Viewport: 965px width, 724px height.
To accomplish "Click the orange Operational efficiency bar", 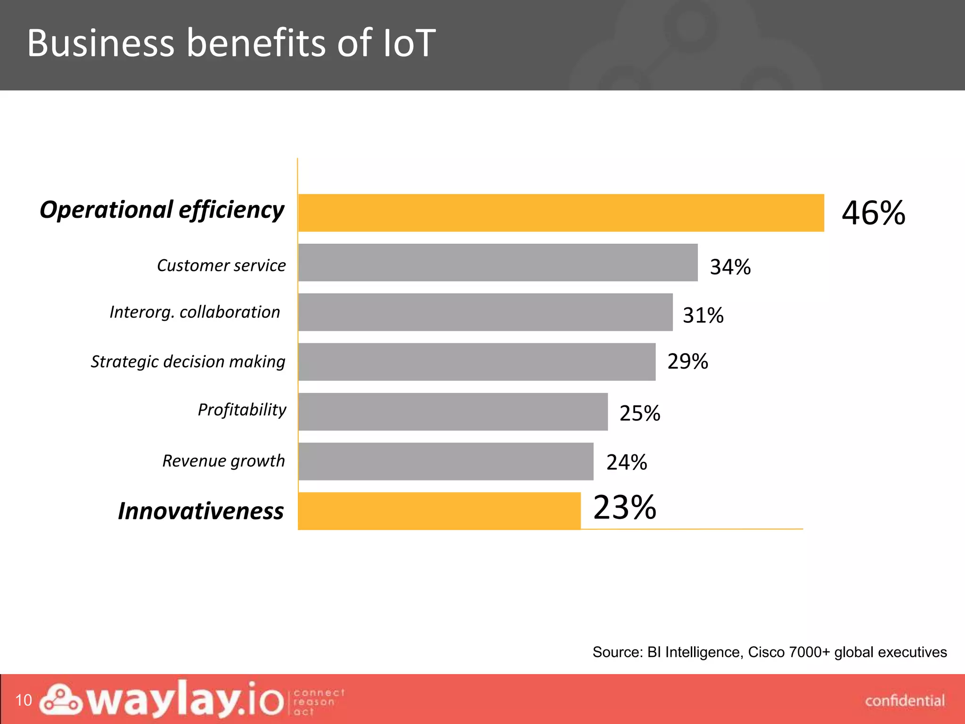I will click(x=561, y=213).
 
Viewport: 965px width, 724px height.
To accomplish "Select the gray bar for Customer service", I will click(x=498, y=263).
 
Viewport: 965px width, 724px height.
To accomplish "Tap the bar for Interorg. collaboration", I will click(x=485, y=312).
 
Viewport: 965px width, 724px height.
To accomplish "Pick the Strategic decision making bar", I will click(x=477, y=362).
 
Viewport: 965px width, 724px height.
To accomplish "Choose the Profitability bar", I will click(x=453, y=411).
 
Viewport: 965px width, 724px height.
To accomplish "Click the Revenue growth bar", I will click(x=446, y=461).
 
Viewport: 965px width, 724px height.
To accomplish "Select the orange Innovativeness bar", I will click(x=439, y=511).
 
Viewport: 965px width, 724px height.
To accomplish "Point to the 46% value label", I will click(x=873, y=213).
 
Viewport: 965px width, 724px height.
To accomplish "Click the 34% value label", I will click(x=730, y=267).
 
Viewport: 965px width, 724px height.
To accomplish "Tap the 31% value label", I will click(x=703, y=315).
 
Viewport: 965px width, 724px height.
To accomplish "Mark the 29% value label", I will click(x=687, y=362).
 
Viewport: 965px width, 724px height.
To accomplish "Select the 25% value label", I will click(x=639, y=413).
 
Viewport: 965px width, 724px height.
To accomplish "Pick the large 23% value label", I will click(x=624, y=508).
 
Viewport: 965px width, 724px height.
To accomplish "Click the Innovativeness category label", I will click(x=201, y=511).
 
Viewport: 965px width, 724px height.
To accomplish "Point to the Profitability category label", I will click(x=242, y=410).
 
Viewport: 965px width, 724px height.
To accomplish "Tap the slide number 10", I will click(x=24, y=700).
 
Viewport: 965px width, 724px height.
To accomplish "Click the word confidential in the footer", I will click(x=905, y=701).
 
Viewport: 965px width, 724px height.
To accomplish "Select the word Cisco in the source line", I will click(x=766, y=652).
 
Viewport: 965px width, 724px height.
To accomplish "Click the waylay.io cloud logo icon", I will click(x=60, y=699).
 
